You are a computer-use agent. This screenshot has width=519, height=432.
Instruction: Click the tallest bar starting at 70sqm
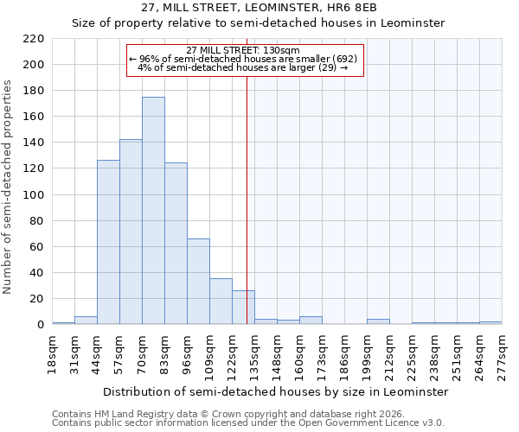[x=153, y=211]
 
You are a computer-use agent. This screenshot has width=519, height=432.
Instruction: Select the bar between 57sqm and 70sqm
[x=131, y=232]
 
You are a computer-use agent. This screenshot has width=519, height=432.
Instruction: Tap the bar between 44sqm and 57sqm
[x=108, y=242]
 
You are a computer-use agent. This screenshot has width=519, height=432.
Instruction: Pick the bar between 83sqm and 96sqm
[x=176, y=243]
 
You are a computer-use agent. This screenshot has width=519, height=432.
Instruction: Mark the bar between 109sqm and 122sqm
[x=221, y=302]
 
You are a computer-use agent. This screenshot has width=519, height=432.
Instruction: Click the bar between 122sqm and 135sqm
[x=243, y=307]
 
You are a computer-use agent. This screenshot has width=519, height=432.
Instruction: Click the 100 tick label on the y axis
[x=35, y=195]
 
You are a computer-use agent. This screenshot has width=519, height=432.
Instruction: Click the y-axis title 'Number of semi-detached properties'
[x=8, y=187]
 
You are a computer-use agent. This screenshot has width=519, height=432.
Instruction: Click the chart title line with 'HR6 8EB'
[x=259, y=7]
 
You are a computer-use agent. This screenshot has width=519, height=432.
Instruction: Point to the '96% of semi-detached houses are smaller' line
[x=243, y=59]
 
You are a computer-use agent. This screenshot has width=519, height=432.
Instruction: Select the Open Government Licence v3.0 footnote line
[x=248, y=423]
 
